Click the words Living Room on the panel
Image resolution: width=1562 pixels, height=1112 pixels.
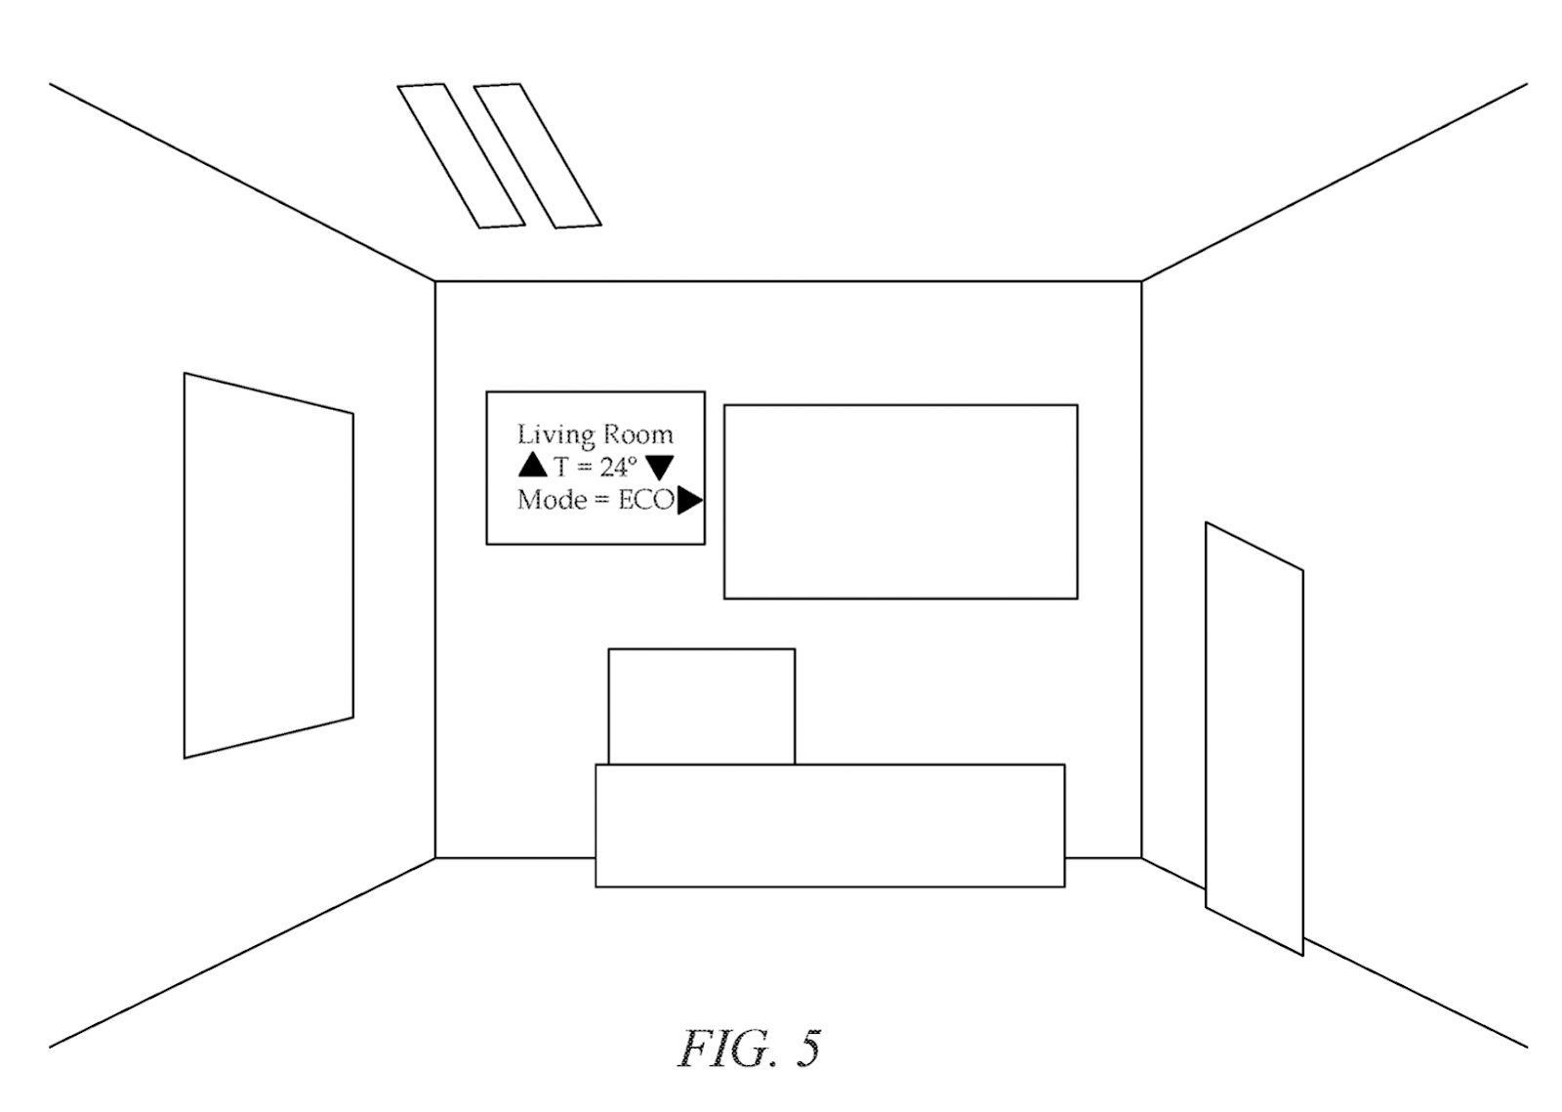595,434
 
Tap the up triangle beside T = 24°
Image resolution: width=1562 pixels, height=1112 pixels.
533,465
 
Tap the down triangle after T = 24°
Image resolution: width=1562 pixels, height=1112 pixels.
660,468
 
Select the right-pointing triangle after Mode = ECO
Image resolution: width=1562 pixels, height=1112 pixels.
689,501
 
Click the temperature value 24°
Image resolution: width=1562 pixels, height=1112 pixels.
618,467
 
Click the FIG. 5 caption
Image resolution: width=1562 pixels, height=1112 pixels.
749,1049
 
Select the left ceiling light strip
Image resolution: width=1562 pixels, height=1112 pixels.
461,156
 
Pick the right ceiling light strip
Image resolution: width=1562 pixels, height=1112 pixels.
537,156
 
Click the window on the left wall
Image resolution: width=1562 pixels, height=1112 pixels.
268,564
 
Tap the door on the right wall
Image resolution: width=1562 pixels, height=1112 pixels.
1254,738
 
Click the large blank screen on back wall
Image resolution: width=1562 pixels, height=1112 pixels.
900,501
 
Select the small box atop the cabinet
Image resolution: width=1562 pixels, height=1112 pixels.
701,706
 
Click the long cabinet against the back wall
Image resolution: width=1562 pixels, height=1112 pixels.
830,826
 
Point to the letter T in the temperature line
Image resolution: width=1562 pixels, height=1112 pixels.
561,467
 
